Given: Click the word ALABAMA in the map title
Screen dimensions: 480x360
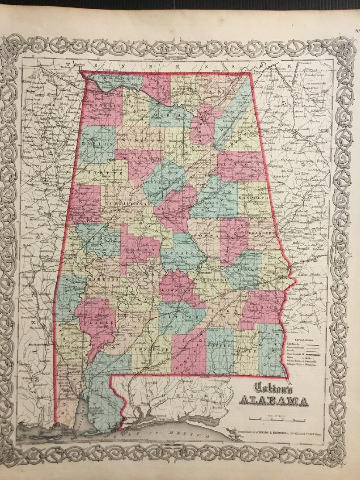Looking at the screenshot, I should point(272,400).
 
